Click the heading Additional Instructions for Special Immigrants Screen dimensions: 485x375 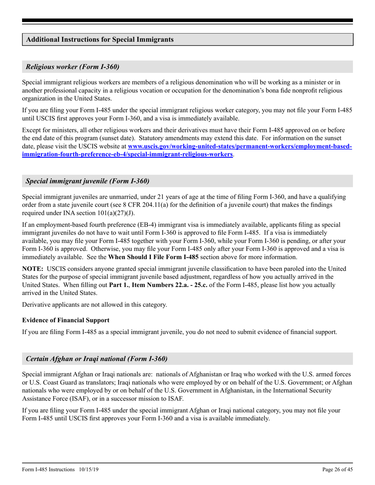click(100, 40)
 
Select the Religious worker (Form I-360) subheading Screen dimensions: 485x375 click(73, 67)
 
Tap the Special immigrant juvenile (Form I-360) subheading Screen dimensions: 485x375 click(88, 181)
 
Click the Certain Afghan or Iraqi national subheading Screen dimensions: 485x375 click(97, 359)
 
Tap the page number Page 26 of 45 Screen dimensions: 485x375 click(337, 469)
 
